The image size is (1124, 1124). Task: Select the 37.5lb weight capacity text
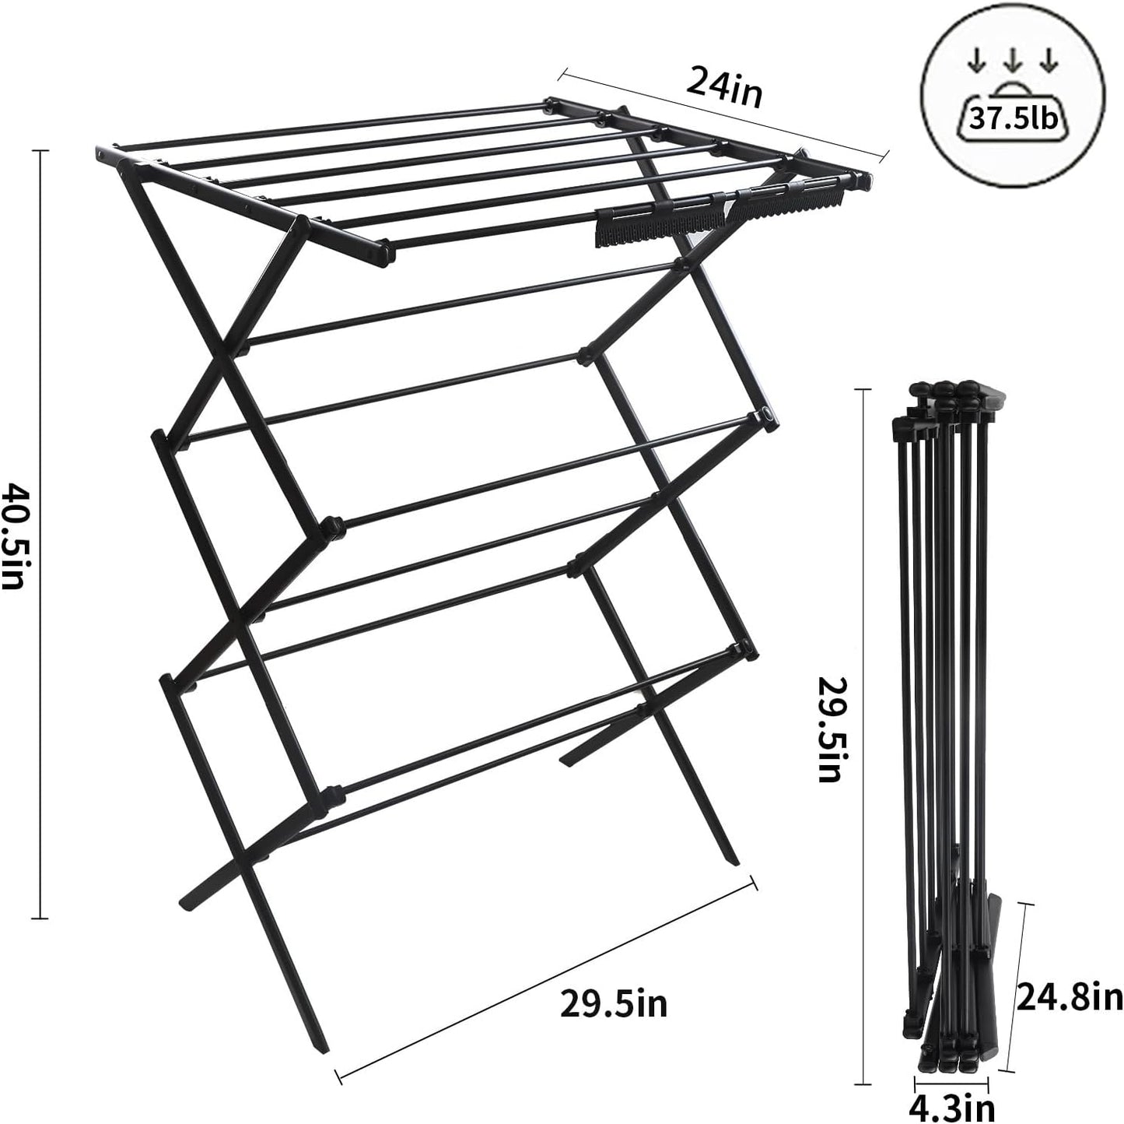click(1012, 119)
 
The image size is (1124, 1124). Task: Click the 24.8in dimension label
click(1068, 997)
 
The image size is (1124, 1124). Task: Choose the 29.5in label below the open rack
click(614, 1003)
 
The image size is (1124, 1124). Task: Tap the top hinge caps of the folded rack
click(944, 392)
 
